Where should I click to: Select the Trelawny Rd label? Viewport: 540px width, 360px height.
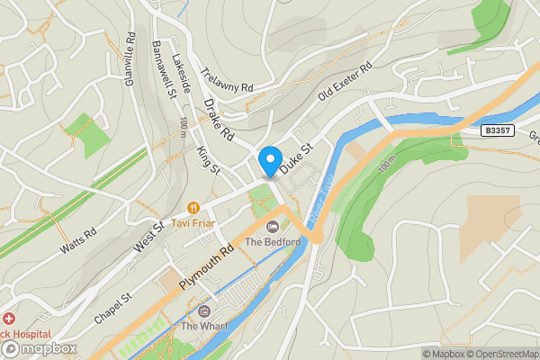[228, 85]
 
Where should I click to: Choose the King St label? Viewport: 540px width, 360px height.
[208, 161]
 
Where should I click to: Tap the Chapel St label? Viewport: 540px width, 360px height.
[114, 307]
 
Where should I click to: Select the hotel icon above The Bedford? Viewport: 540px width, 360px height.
[273, 225]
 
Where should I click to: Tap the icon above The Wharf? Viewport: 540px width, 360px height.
[204, 310]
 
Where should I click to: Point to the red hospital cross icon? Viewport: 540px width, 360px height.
[7, 319]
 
